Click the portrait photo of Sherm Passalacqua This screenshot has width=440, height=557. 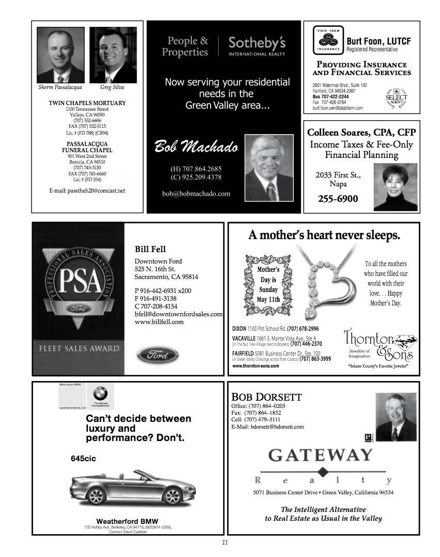point(60,55)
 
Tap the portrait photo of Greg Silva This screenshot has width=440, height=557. point(113,55)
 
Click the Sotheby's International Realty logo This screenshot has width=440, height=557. point(256,46)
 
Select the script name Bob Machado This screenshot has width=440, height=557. point(196,147)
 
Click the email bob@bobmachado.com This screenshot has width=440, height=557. point(196,194)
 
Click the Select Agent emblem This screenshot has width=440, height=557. point(397,97)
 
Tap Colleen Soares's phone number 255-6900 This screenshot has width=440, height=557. point(338,199)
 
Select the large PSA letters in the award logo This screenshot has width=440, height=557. point(79,282)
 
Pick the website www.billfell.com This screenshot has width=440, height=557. point(159,322)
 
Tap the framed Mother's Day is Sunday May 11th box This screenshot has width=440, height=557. point(268,284)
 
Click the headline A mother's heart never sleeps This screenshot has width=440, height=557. point(324,236)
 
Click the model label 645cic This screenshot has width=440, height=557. point(83,459)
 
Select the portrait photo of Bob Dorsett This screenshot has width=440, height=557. point(396,417)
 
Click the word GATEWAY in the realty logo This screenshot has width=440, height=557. point(320,456)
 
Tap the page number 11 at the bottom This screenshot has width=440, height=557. point(225,543)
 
